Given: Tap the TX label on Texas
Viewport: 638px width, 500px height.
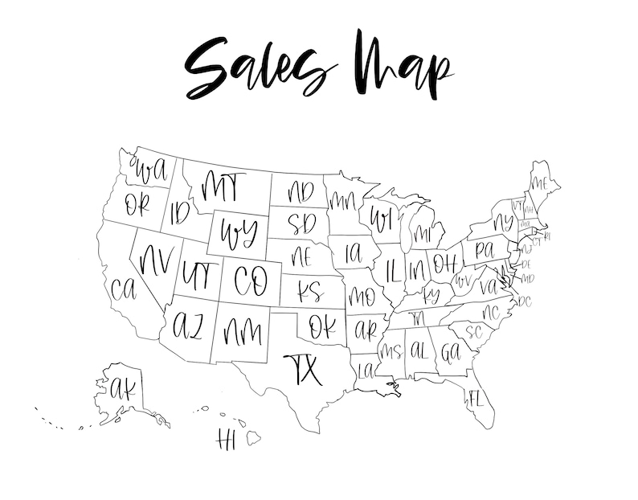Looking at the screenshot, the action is point(303,369).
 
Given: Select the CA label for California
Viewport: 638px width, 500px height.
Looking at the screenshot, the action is point(125,287).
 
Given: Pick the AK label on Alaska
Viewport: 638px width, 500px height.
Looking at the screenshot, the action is point(124,390).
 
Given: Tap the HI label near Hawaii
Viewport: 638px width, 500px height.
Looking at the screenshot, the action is point(226,439).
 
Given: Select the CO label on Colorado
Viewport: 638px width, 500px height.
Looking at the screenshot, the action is point(250,279).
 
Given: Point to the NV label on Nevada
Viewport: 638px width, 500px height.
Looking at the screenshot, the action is point(157,259).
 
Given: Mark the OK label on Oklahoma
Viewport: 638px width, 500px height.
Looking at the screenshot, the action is point(322,326).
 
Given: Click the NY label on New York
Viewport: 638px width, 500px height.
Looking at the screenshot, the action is point(503,222).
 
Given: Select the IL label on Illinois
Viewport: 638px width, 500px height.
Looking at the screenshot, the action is point(393,268).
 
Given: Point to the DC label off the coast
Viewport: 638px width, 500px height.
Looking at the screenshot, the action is point(525,301).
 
